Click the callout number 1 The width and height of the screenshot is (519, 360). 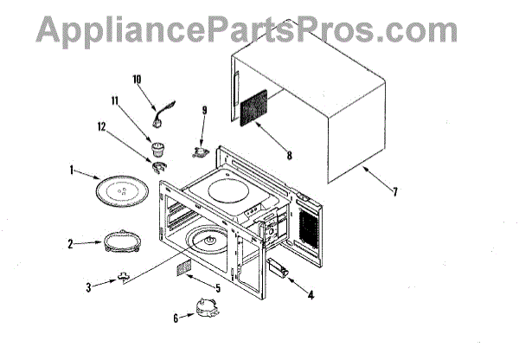72,171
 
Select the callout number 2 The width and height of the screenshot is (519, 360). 72,244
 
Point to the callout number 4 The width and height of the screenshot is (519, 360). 311,293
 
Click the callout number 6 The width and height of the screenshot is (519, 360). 176,318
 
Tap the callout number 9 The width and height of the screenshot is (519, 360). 204,110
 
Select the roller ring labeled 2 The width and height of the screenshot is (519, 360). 123,241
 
